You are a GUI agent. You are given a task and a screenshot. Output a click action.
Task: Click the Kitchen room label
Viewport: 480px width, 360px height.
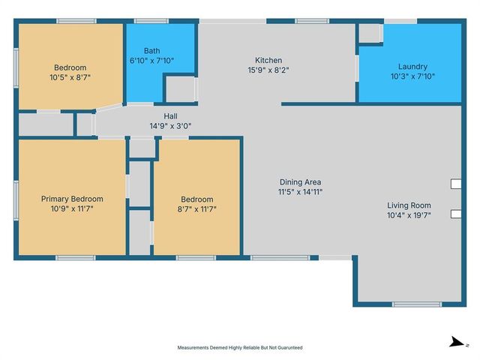(268, 60)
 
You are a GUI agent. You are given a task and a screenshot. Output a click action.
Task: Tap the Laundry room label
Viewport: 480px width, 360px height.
(412, 67)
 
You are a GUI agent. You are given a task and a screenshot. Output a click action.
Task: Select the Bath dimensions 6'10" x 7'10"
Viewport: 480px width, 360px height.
(151, 61)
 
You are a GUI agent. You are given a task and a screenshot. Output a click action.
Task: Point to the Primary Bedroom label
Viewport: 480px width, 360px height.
(72, 199)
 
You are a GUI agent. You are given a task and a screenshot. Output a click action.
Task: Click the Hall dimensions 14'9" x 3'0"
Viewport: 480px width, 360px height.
(170, 126)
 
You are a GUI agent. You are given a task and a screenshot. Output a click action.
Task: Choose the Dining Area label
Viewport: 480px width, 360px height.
(300, 182)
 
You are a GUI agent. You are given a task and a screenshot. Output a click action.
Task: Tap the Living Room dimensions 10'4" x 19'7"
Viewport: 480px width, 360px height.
(409, 215)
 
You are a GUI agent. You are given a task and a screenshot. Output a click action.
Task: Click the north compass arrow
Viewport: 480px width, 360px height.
(458, 342)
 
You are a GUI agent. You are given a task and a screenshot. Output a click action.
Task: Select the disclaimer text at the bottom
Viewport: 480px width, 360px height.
(240, 347)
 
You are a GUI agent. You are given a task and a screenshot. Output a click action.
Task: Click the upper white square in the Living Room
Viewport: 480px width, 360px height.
(456, 184)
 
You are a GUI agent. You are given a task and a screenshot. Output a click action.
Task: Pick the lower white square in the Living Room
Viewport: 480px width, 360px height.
(456, 214)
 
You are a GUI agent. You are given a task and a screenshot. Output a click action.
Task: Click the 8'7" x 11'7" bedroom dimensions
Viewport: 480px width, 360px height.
(196, 209)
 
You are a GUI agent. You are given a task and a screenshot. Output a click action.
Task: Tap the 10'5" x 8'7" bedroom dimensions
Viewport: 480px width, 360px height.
(70, 77)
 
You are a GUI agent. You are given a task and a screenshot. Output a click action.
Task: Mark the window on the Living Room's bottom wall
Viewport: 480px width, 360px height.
(417, 304)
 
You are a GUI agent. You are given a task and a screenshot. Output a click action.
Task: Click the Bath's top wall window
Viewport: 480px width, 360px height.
(151, 21)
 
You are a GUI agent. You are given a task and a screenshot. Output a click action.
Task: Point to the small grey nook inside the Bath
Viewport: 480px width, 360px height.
(181, 89)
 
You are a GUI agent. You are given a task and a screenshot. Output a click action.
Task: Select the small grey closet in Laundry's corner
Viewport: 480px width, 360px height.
(369, 33)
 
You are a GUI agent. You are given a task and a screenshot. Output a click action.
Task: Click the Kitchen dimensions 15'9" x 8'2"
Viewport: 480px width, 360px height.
(268, 70)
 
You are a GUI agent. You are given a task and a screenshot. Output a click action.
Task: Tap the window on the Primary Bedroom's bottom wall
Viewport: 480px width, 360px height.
(75, 258)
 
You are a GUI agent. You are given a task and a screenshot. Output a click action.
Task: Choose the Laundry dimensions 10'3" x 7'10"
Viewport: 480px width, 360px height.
(412, 76)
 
